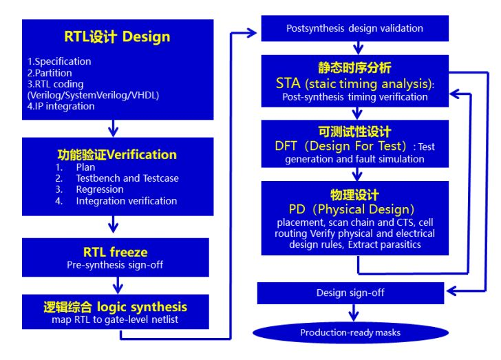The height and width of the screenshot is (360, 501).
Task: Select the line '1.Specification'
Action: point(54,61)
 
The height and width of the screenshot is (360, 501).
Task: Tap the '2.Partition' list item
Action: point(45,72)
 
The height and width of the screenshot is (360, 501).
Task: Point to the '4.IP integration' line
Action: point(56,106)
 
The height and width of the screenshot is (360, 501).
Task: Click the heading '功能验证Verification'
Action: point(116,154)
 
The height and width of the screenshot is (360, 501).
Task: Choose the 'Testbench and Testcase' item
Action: point(127,178)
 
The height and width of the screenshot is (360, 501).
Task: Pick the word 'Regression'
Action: point(100,189)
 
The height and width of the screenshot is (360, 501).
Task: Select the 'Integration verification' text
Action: point(127,201)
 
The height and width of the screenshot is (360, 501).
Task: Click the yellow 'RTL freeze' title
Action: point(115,252)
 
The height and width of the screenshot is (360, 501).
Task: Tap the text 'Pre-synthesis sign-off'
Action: point(115,264)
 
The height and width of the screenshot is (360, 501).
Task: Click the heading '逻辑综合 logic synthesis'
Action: point(114,306)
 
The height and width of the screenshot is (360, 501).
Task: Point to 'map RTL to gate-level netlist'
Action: point(115,319)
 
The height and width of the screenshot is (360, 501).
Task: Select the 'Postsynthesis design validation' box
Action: point(354,28)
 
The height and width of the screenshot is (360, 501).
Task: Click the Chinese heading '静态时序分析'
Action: point(355,68)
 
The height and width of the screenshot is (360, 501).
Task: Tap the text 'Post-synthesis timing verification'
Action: point(355,97)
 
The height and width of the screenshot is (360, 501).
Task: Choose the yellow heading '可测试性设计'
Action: point(355,131)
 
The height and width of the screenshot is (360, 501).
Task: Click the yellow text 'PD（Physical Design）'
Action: point(352,209)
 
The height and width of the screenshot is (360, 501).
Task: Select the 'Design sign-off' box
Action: point(350,293)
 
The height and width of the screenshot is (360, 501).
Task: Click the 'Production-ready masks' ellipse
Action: point(350,333)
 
